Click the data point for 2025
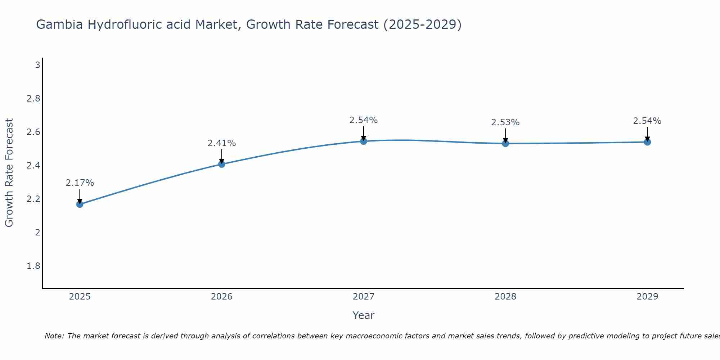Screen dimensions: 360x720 tap(80, 204)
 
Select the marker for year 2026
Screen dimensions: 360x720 tap(221, 164)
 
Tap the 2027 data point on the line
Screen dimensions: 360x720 tap(363, 141)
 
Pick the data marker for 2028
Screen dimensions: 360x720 tap(505, 143)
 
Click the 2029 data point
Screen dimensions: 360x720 tap(647, 142)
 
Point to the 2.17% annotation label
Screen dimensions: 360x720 tap(80, 183)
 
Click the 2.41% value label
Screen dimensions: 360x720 tap(221, 143)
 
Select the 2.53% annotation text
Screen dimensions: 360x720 tap(505, 122)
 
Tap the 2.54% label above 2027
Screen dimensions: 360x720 tap(363, 120)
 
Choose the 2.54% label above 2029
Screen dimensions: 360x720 tap(647, 121)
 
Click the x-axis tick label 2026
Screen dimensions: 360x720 tap(221, 297)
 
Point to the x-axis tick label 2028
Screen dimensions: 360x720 tap(505, 297)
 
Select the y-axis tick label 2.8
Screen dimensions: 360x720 tap(33, 99)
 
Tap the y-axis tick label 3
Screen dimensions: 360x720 tap(37, 65)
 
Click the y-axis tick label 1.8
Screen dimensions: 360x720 tap(33, 266)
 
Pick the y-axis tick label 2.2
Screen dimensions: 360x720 tap(33, 199)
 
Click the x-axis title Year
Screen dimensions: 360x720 tap(363, 315)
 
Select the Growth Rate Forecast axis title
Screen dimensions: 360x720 tap(9, 173)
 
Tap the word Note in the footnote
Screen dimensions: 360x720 tap(54, 336)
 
